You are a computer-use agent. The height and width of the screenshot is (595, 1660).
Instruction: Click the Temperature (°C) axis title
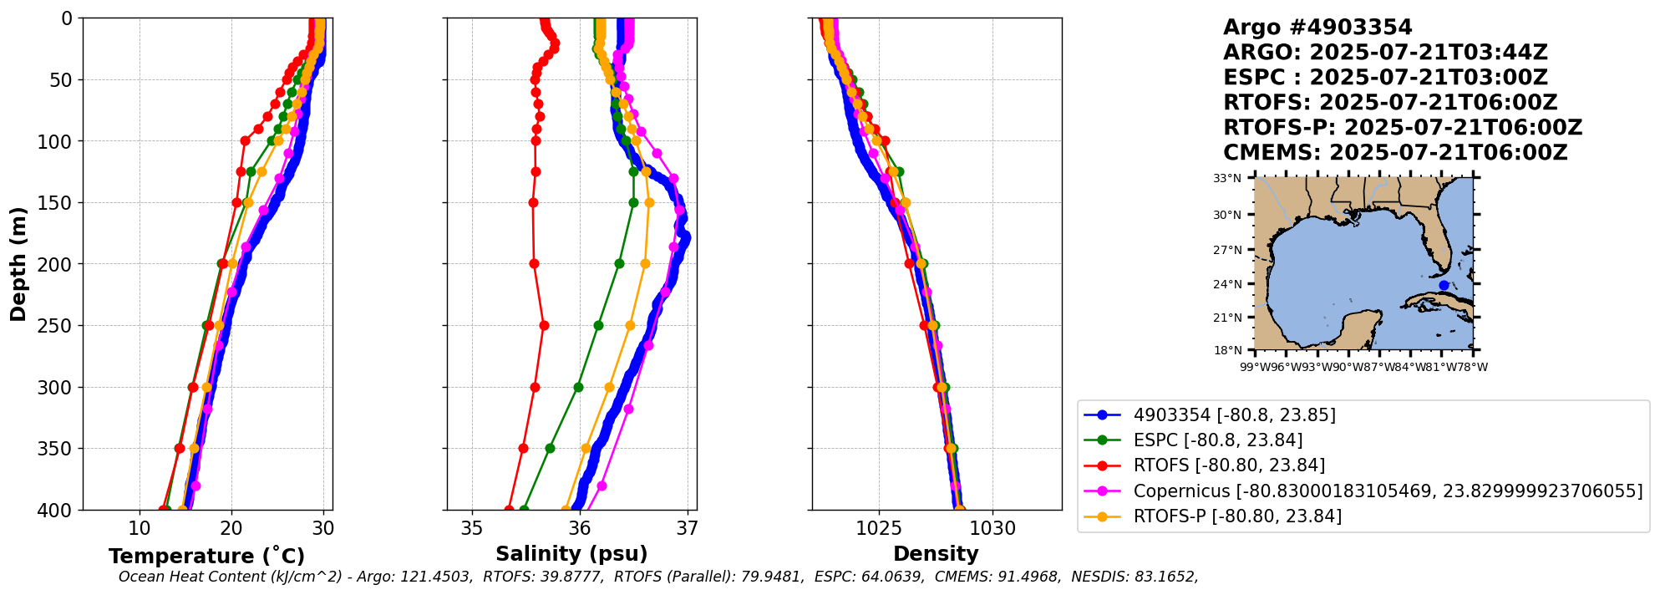tap(206, 557)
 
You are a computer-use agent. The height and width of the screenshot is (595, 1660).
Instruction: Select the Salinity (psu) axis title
tap(571, 554)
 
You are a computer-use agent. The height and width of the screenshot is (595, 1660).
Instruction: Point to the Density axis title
tap(936, 554)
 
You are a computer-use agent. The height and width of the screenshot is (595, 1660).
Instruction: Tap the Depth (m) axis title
tap(18, 264)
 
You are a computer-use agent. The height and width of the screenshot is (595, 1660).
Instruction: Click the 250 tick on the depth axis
tap(60, 326)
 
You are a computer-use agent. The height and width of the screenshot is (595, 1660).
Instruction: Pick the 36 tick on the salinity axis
tap(580, 528)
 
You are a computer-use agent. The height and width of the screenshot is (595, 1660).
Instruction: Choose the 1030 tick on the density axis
tap(993, 528)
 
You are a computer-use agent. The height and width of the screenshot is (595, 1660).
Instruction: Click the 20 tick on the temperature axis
tap(231, 528)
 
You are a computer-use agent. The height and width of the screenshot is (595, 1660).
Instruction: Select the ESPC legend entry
tap(1217, 440)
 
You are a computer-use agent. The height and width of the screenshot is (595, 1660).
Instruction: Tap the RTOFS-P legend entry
tap(1236, 516)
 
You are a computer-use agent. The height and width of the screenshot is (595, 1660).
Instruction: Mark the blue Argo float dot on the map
tap(1444, 286)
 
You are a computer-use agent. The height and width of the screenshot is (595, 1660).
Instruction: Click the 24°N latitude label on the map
tap(1227, 284)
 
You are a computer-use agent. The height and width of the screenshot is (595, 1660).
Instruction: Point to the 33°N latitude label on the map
tap(1227, 178)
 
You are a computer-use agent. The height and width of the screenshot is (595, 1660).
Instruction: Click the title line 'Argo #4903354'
tap(1317, 28)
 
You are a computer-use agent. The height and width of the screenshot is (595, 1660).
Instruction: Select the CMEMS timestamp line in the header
tap(1395, 153)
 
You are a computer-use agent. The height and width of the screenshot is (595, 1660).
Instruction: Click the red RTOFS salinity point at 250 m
tap(544, 325)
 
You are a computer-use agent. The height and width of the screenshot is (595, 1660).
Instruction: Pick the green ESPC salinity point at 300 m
tap(578, 387)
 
